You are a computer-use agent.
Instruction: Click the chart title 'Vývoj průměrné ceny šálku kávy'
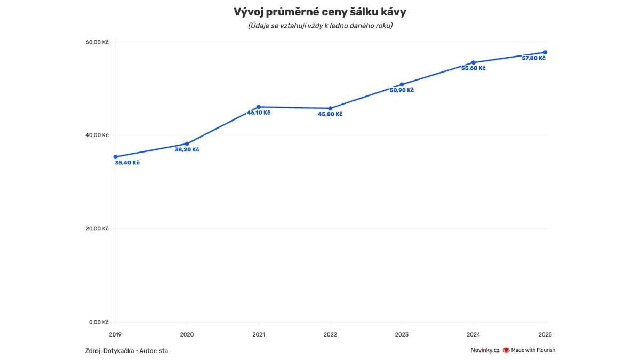pos(320,12)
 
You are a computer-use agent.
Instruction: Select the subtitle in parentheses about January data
pos(320,26)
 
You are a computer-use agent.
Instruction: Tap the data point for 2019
pos(115,157)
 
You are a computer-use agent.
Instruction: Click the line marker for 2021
pos(259,107)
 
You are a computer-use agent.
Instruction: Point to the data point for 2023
pos(402,84)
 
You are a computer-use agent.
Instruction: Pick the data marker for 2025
pos(545,52)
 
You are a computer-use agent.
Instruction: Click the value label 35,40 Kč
pos(127,163)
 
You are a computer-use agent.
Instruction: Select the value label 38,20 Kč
pos(187,150)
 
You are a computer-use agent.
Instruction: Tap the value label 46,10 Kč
pos(259,113)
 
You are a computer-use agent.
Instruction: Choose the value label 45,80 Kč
pos(330,114)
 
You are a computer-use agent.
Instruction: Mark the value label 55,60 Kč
pos(474,68)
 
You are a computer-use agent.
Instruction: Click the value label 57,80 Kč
pos(533,58)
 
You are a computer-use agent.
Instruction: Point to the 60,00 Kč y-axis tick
pos(98,42)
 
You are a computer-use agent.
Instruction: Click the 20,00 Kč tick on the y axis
pos(98,229)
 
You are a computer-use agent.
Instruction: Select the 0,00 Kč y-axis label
pos(99,322)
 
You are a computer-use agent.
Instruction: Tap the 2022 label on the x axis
pos(330,335)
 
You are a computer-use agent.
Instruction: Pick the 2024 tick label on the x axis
pos(474,335)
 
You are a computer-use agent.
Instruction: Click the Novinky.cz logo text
pos(485,350)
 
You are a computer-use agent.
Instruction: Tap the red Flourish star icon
pos(506,350)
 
